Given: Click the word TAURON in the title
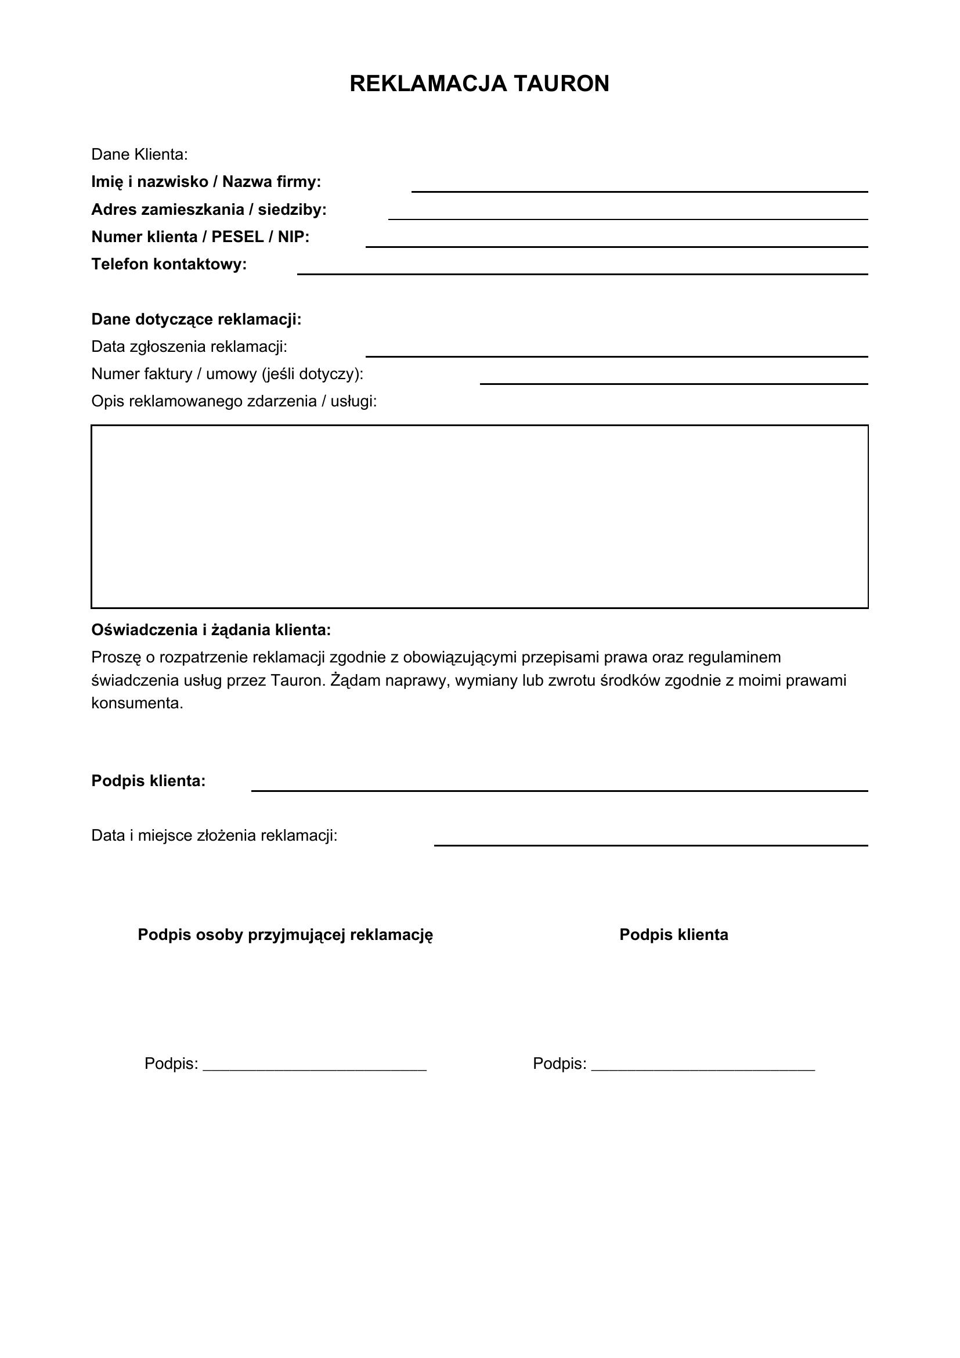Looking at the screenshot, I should pyautogui.click(x=561, y=84).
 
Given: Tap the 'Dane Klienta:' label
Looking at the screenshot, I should pyautogui.click(x=139, y=154).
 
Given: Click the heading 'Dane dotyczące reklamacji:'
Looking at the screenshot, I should pyautogui.click(x=196, y=319).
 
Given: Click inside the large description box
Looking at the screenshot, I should pyautogui.click(x=479, y=516).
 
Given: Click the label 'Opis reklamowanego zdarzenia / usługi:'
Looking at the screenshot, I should pyautogui.click(x=234, y=402).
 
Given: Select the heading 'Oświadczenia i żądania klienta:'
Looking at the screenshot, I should pyautogui.click(x=211, y=630).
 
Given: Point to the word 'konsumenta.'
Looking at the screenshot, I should pyautogui.click(x=137, y=703).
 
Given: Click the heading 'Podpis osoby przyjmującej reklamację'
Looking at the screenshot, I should pyautogui.click(x=286, y=935).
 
